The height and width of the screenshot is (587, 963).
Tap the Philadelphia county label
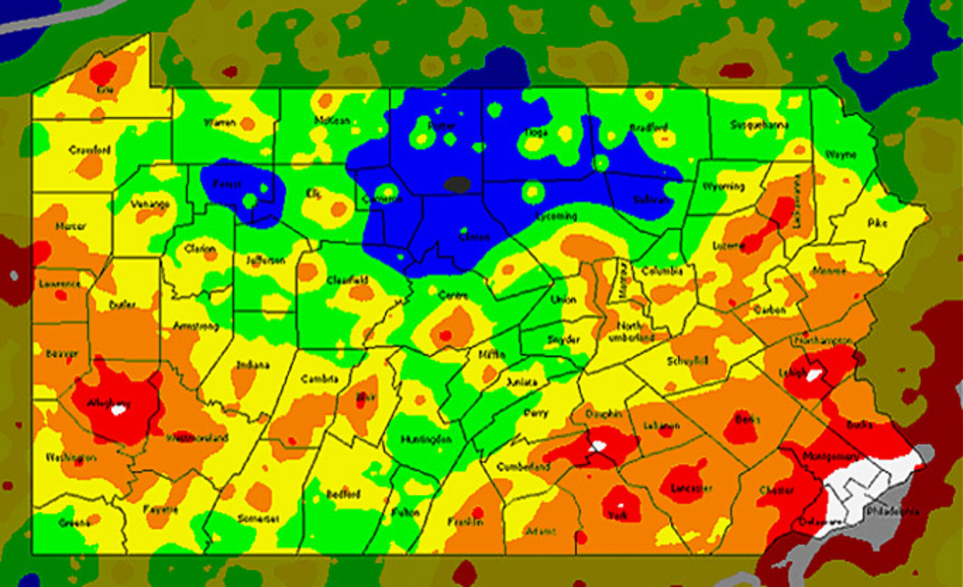click(x=892, y=511)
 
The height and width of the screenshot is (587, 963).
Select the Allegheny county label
click(x=109, y=403)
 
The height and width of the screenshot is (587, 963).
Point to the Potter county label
click(x=441, y=126)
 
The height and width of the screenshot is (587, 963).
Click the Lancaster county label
click(x=691, y=488)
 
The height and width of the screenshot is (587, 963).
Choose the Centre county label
click(x=452, y=295)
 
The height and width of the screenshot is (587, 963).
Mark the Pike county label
click(x=877, y=223)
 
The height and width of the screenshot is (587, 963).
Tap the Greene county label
click(x=74, y=523)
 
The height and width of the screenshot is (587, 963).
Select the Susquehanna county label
click(x=759, y=124)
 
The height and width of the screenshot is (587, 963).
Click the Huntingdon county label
click(x=426, y=439)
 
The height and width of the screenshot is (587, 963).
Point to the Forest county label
click(x=227, y=184)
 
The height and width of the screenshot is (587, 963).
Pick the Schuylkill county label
click(x=688, y=361)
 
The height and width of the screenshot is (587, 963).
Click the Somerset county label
click(x=259, y=519)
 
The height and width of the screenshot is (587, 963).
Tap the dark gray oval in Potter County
click(x=457, y=185)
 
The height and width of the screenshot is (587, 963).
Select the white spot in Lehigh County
click(x=814, y=375)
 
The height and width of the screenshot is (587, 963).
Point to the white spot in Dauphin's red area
click(x=597, y=446)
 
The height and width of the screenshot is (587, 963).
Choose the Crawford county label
click(x=90, y=149)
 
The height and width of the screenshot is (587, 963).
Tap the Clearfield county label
click(x=347, y=280)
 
